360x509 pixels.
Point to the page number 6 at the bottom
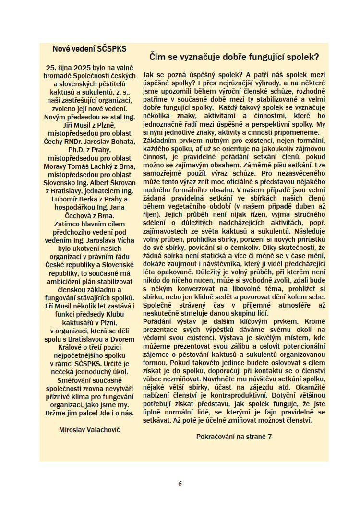click(180, 484)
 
